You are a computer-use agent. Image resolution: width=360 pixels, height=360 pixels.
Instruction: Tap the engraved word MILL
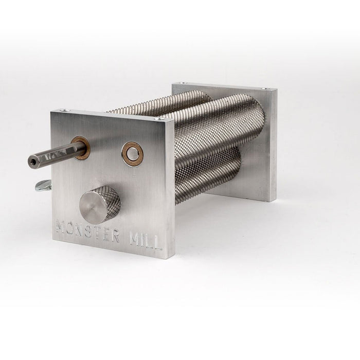[146, 241]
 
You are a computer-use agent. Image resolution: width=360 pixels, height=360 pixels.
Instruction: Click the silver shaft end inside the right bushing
[133, 153]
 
